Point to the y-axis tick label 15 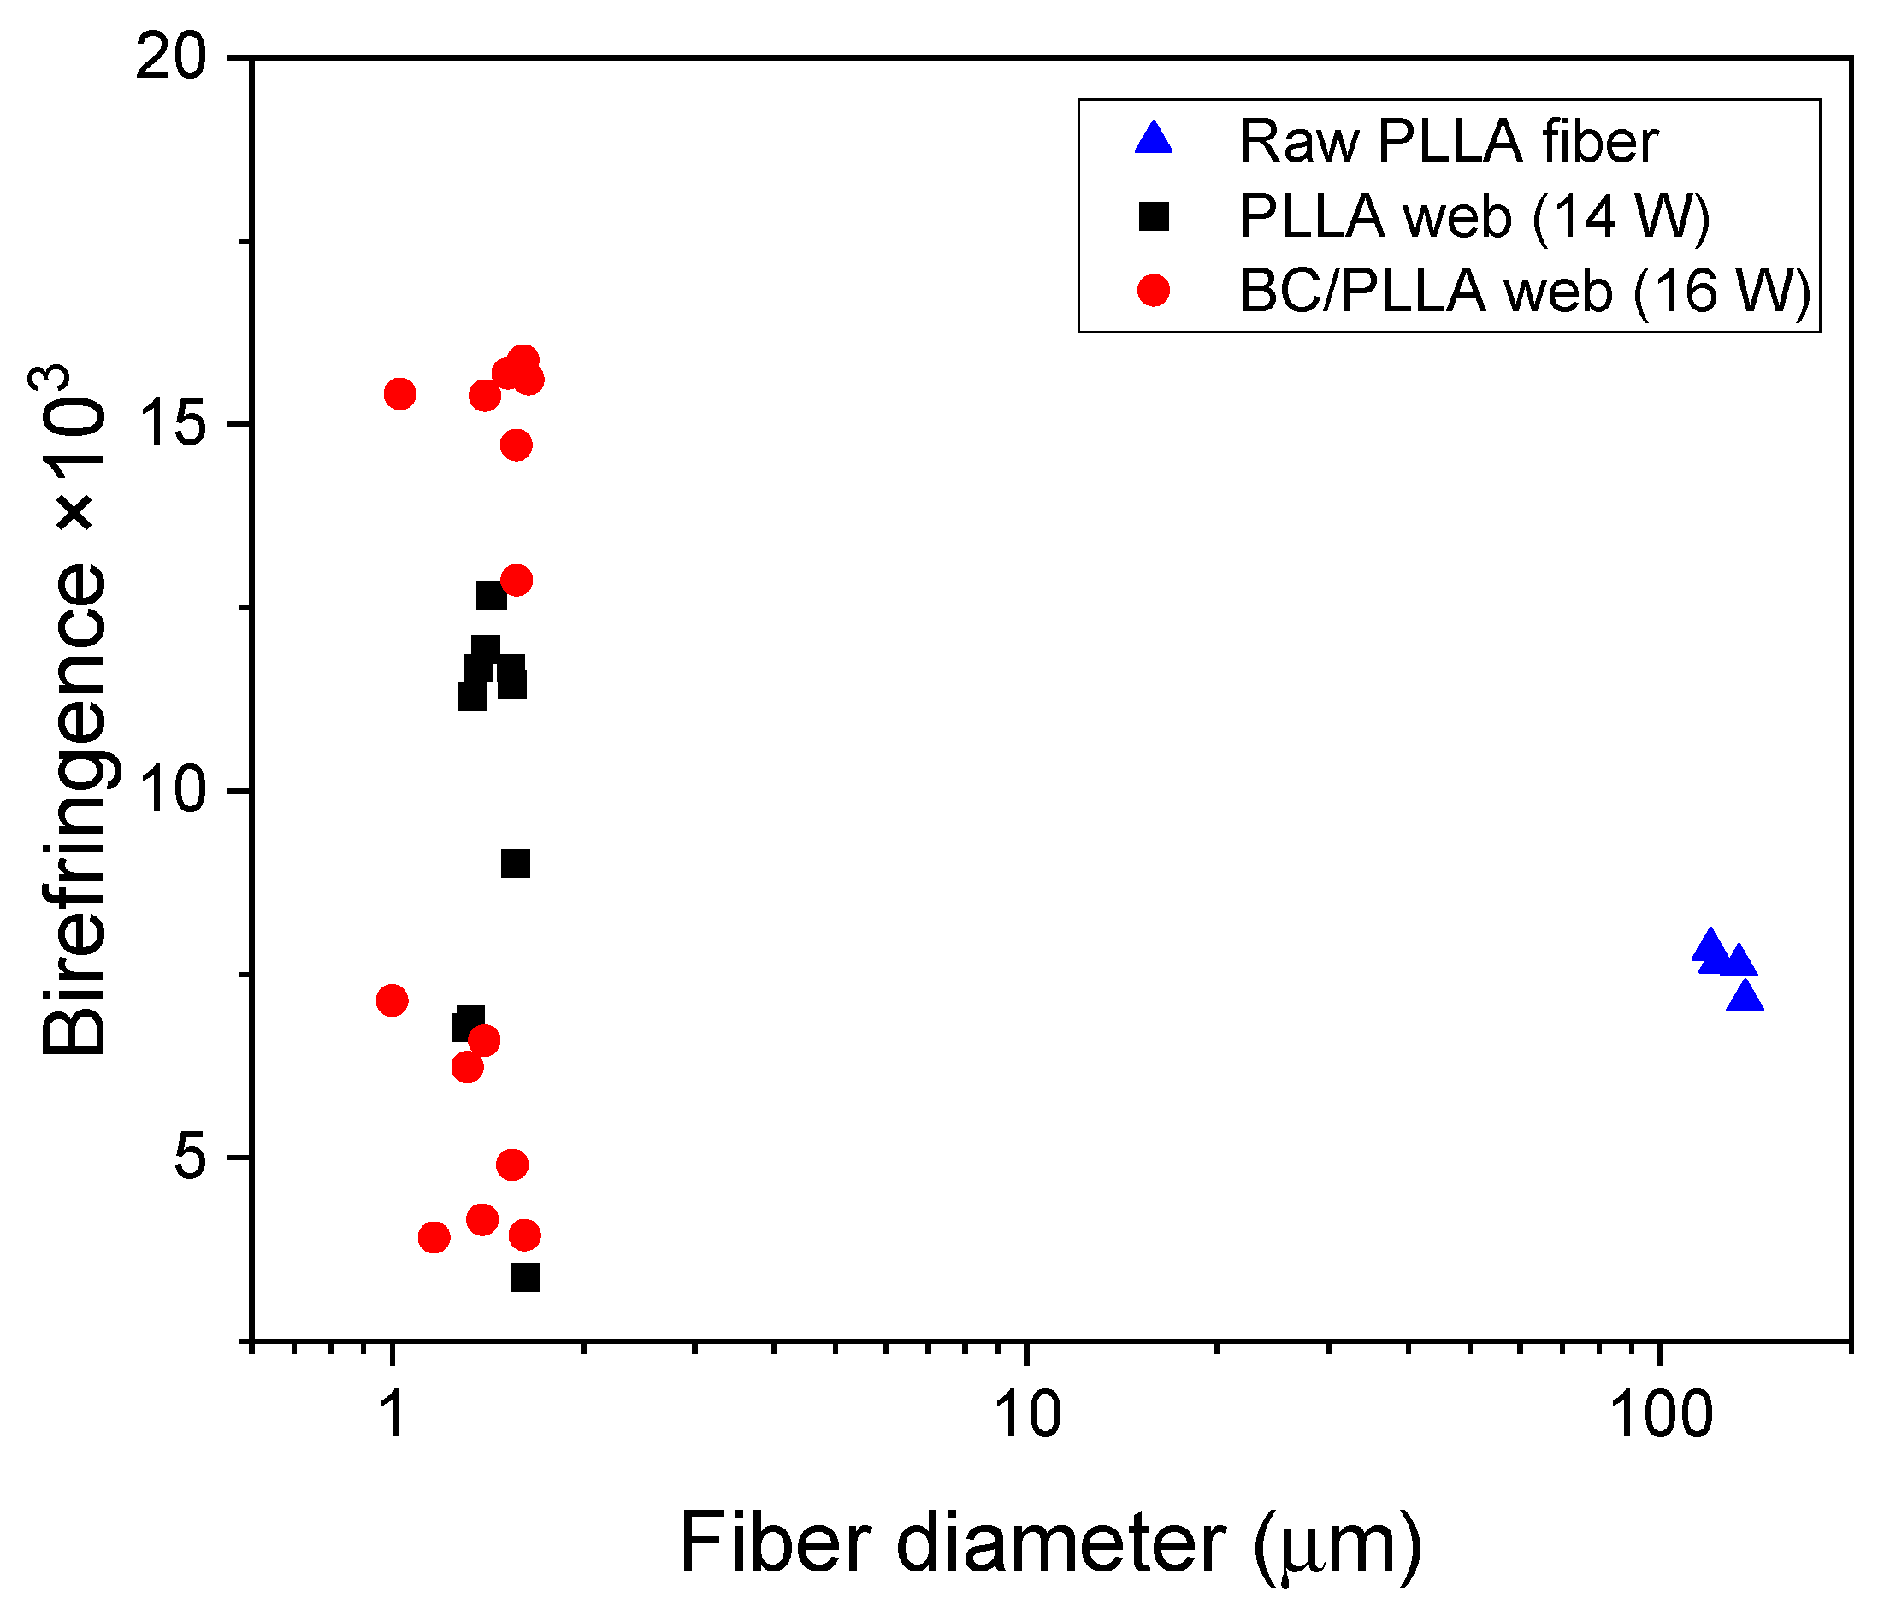(x=173, y=426)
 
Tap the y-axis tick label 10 (x=173, y=792)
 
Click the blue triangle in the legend (x=1155, y=139)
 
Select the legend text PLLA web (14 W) (x=1474, y=217)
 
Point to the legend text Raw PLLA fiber (x=1449, y=142)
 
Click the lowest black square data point (x=524, y=1278)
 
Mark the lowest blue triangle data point (x=1745, y=998)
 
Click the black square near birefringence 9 (x=516, y=863)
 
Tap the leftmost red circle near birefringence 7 (x=393, y=1000)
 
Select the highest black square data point (x=492, y=596)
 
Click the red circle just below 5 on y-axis (x=512, y=1164)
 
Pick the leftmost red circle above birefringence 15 (x=400, y=394)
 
